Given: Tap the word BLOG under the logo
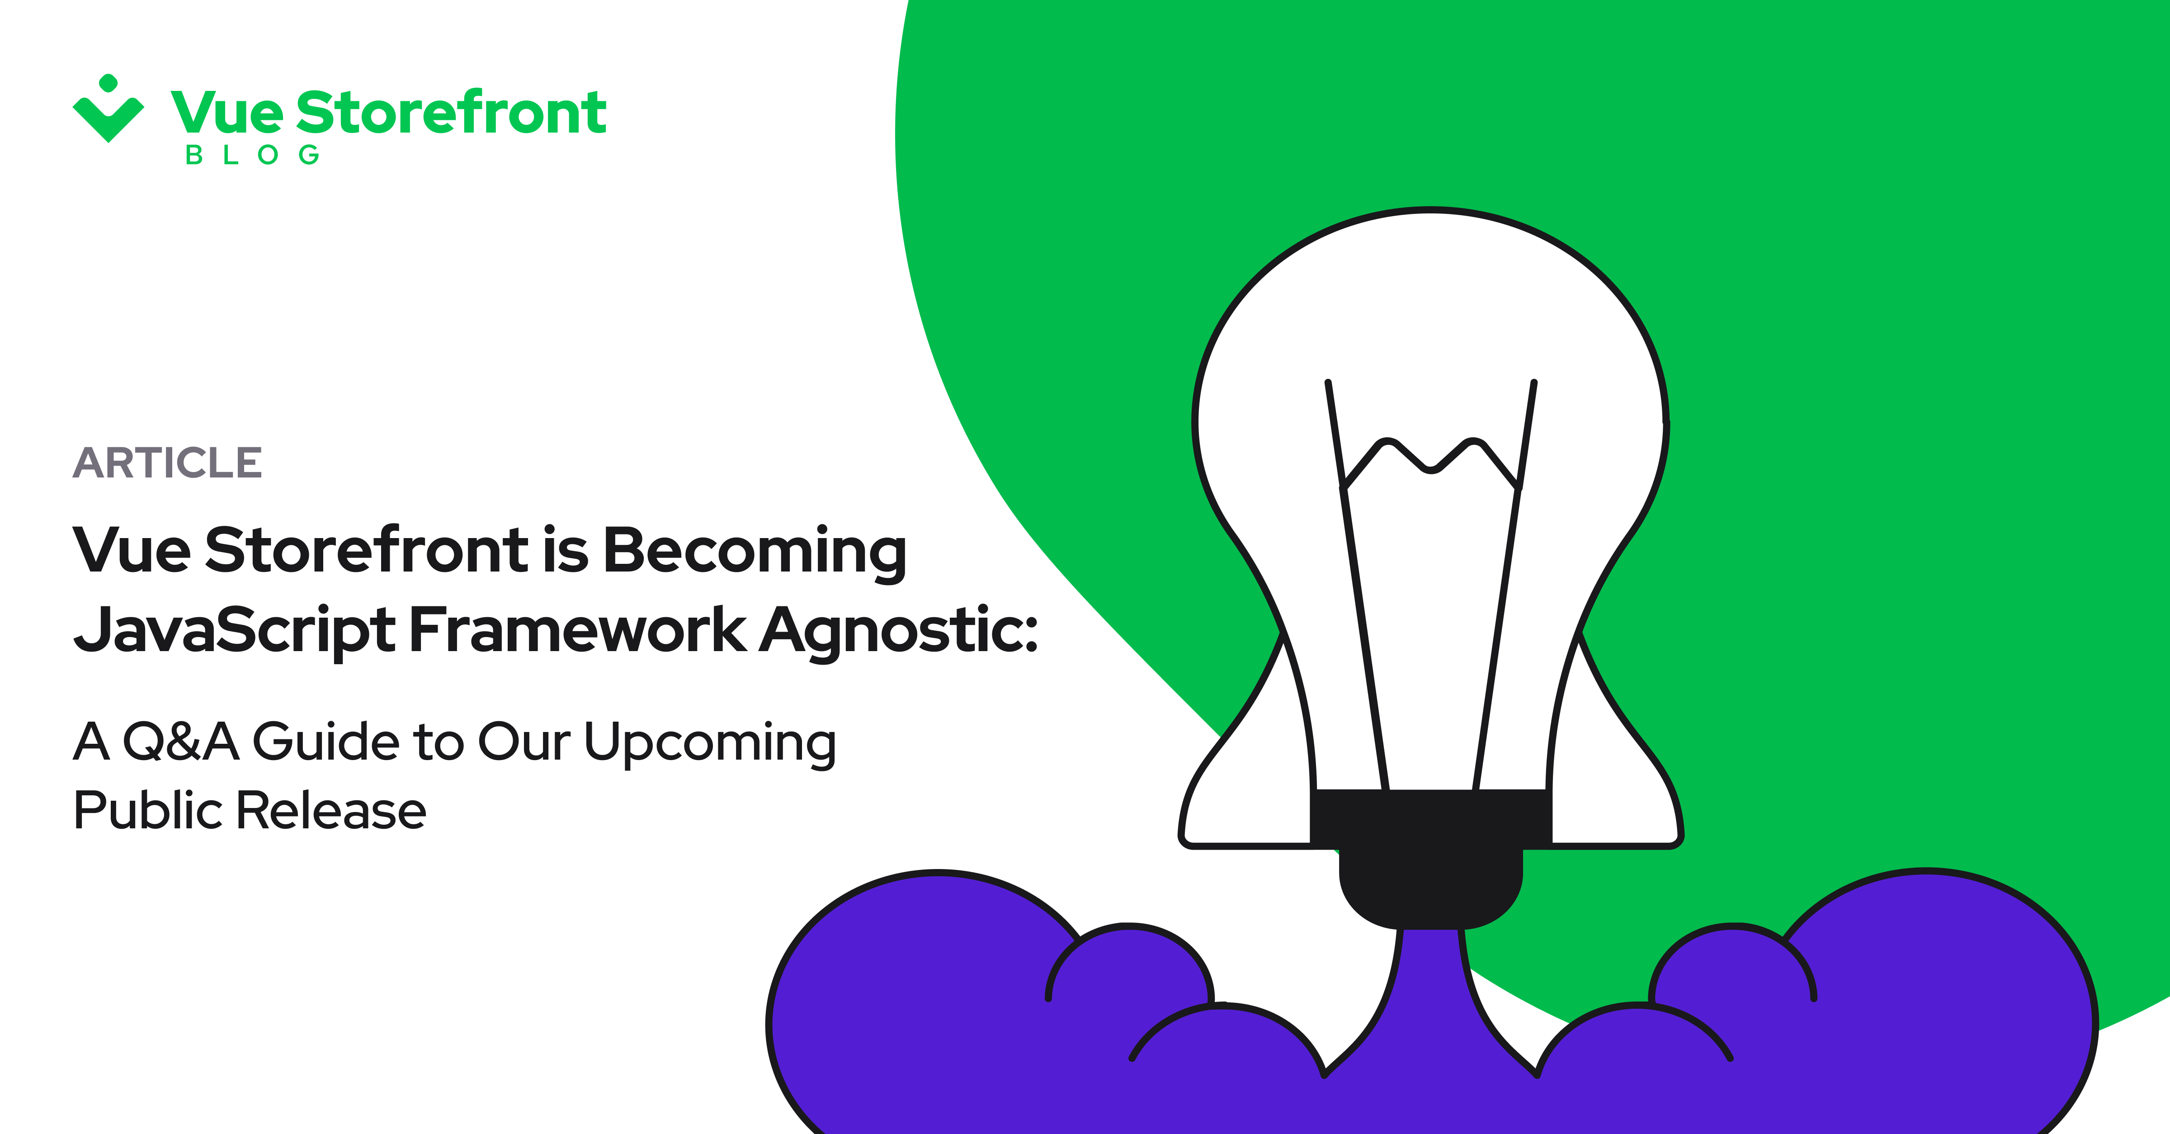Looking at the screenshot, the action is pyautogui.click(x=253, y=155).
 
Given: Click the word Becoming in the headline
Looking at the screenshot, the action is pyautogui.click(x=755, y=552).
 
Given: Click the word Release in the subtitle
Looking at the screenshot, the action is pyautogui.click(x=331, y=810).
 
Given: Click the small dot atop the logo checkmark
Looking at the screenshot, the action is pyautogui.click(x=108, y=83).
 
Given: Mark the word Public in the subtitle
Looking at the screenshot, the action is pyautogui.click(x=148, y=810).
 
